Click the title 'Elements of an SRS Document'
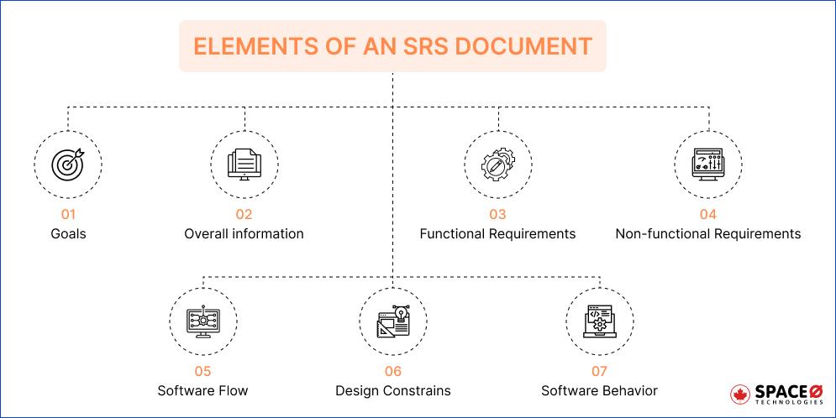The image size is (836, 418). (x=392, y=46)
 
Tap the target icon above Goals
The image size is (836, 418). (x=68, y=164)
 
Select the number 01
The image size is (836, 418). (x=68, y=214)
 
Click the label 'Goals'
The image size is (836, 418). (x=68, y=233)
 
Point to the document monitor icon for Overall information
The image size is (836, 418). (x=244, y=164)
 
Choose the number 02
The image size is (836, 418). (x=244, y=214)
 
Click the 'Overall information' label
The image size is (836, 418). (x=244, y=233)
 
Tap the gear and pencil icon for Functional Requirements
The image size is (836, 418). (x=498, y=165)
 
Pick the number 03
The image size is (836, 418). (x=497, y=214)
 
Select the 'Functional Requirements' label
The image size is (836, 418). (x=497, y=233)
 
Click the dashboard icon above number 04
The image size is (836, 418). (x=707, y=165)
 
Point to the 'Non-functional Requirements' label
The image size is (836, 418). (x=708, y=233)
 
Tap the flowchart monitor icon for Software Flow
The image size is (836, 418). (x=203, y=321)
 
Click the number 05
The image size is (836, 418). (x=202, y=371)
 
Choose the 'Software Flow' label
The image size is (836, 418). (x=202, y=391)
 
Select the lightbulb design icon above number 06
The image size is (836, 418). (x=393, y=321)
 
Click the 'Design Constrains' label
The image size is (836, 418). (x=393, y=391)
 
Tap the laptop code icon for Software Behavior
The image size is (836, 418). (x=599, y=321)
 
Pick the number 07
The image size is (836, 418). (x=599, y=371)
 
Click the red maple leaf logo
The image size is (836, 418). (x=740, y=394)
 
